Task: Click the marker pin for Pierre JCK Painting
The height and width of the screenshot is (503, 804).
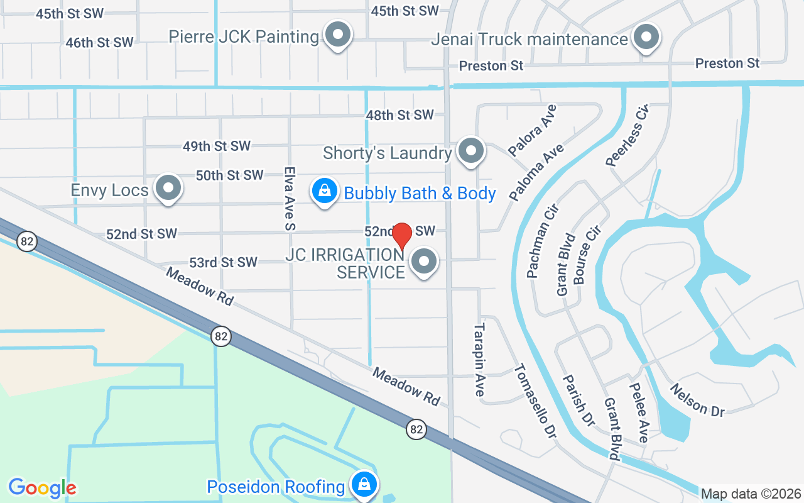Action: click(x=338, y=35)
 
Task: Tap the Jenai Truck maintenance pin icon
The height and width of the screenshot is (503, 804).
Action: click(x=645, y=38)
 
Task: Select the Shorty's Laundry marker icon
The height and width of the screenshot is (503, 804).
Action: click(x=470, y=151)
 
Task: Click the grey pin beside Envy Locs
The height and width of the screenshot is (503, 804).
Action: click(x=168, y=188)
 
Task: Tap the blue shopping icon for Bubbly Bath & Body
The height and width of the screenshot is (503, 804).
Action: click(x=325, y=191)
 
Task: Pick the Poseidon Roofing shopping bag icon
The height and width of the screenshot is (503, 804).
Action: click(x=363, y=485)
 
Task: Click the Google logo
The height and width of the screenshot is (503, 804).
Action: click(x=42, y=488)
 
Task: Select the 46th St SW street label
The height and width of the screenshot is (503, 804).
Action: click(x=100, y=43)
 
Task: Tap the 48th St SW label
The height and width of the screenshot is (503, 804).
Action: click(x=400, y=115)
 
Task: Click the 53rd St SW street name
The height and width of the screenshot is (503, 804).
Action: click(x=224, y=262)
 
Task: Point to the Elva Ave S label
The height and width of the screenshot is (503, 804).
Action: click(x=290, y=198)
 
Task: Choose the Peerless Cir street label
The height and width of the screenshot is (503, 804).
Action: click(x=627, y=136)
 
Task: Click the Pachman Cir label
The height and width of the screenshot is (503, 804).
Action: click(x=543, y=241)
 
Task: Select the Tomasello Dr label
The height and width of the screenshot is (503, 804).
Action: click(x=536, y=401)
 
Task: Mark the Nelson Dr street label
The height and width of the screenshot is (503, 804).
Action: click(x=697, y=400)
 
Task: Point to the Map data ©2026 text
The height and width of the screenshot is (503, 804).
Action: click(x=751, y=494)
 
